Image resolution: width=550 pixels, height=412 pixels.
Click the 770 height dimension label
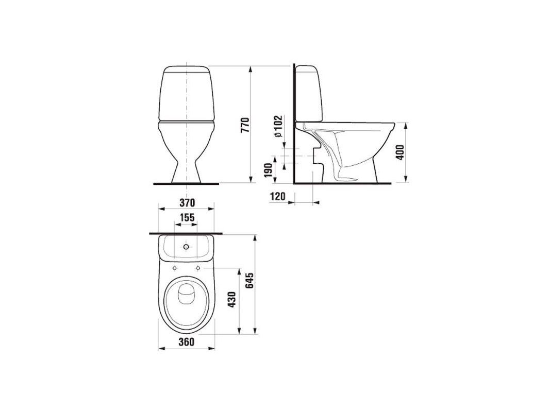coord(245,125)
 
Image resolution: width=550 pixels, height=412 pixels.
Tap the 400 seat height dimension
coord(400,152)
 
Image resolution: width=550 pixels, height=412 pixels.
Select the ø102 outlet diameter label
coord(278,126)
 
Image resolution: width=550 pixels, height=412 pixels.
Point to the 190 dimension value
coord(269,170)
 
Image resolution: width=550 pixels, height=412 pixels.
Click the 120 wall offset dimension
coord(277,197)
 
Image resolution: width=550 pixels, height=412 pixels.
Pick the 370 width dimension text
coord(187,202)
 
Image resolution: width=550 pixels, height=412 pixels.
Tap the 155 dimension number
coord(187,217)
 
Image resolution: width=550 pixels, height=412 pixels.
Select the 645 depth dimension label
coord(249,280)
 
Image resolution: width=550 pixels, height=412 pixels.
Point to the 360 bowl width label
coord(186,341)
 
